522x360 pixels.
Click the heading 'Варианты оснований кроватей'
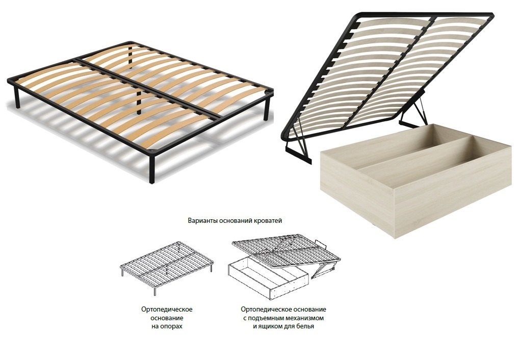click(x=235, y=221)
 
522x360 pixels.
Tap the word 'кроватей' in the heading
click(x=268, y=221)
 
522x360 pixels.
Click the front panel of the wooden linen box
click(x=357, y=189)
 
